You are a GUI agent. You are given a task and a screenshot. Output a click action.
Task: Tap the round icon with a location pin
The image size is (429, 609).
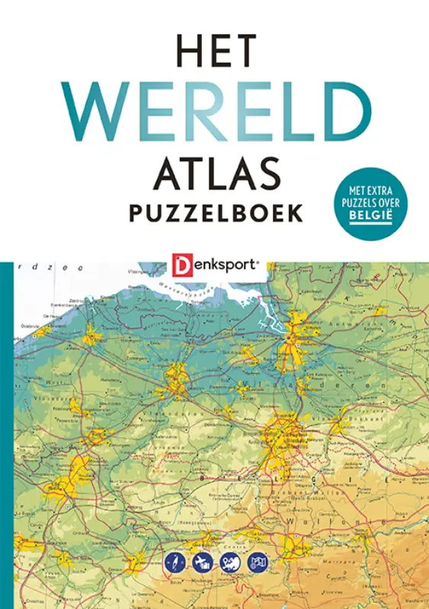[230, 563]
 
